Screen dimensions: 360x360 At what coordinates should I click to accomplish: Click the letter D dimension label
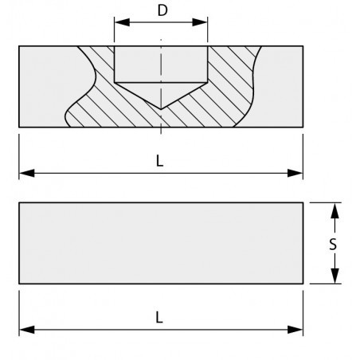(162, 10)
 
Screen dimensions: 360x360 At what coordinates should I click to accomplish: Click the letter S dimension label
(333, 245)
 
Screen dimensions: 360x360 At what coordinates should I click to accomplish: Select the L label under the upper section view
(159, 161)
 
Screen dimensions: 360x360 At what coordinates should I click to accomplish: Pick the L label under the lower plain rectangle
(159, 318)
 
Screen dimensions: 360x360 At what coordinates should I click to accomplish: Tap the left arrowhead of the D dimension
(122, 22)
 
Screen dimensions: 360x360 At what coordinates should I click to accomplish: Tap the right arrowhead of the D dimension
(200, 22)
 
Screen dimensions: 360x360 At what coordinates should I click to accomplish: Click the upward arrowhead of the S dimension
(335, 210)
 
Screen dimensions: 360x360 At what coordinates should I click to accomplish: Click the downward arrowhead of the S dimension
(335, 276)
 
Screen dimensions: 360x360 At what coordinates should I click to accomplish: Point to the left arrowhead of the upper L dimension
(27, 173)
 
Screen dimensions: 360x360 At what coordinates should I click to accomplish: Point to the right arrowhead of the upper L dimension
(295, 173)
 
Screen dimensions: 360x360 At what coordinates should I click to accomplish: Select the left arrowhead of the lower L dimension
(27, 330)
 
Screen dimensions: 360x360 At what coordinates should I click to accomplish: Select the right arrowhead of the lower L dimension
(295, 330)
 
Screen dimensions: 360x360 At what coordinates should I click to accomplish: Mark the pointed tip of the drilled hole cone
(161, 109)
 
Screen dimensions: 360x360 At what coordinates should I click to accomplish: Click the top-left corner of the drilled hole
(115, 46)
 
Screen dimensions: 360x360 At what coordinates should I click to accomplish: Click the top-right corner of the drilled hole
(208, 46)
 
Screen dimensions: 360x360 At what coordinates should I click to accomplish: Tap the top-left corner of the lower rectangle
(19, 203)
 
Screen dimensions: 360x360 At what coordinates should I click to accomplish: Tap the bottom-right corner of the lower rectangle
(303, 284)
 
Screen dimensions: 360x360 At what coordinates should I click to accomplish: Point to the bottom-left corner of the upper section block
(19, 127)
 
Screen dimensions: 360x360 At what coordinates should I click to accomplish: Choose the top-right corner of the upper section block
(303, 46)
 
